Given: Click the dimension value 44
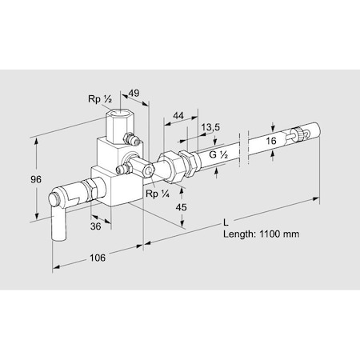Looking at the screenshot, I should tap(180, 116).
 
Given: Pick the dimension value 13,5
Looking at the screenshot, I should tap(211, 128).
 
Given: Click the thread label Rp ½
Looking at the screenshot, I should tap(98, 100).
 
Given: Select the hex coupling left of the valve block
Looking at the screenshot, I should tap(90, 190).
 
